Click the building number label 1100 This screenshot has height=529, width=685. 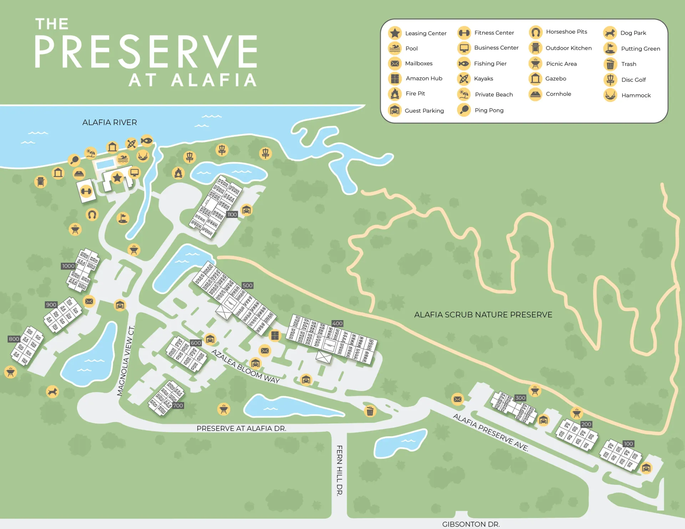pyautogui.click(x=232, y=215)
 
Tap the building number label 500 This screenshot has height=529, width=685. pyautogui.click(x=247, y=286)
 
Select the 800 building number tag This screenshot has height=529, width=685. pyautogui.click(x=14, y=339)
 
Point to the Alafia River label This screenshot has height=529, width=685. pyautogui.click(x=110, y=123)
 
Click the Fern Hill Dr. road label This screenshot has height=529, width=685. pyautogui.click(x=339, y=470)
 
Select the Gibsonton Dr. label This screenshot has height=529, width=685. pyautogui.click(x=471, y=524)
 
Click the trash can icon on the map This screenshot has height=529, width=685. pyautogui.click(x=370, y=411)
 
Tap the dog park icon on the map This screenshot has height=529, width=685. pyautogui.click(x=52, y=392)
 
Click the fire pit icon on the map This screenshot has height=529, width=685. pyautogui.click(x=178, y=173)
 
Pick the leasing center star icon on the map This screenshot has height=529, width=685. pyautogui.click(x=117, y=178)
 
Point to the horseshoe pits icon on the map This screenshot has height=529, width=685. pyautogui.click(x=92, y=215)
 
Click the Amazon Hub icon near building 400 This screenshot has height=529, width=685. pyautogui.click(x=275, y=335)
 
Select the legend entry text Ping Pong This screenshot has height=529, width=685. pyautogui.click(x=489, y=111)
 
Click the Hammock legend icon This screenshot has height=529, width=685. pyautogui.click(x=610, y=95)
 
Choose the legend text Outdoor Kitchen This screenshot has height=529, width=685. pyautogui.click(x=568, y=48)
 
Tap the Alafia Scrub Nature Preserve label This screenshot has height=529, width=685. pyautogui.click(x=483, y=315)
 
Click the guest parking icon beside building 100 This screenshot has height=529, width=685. pyautogui.click(x=646, y=468)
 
